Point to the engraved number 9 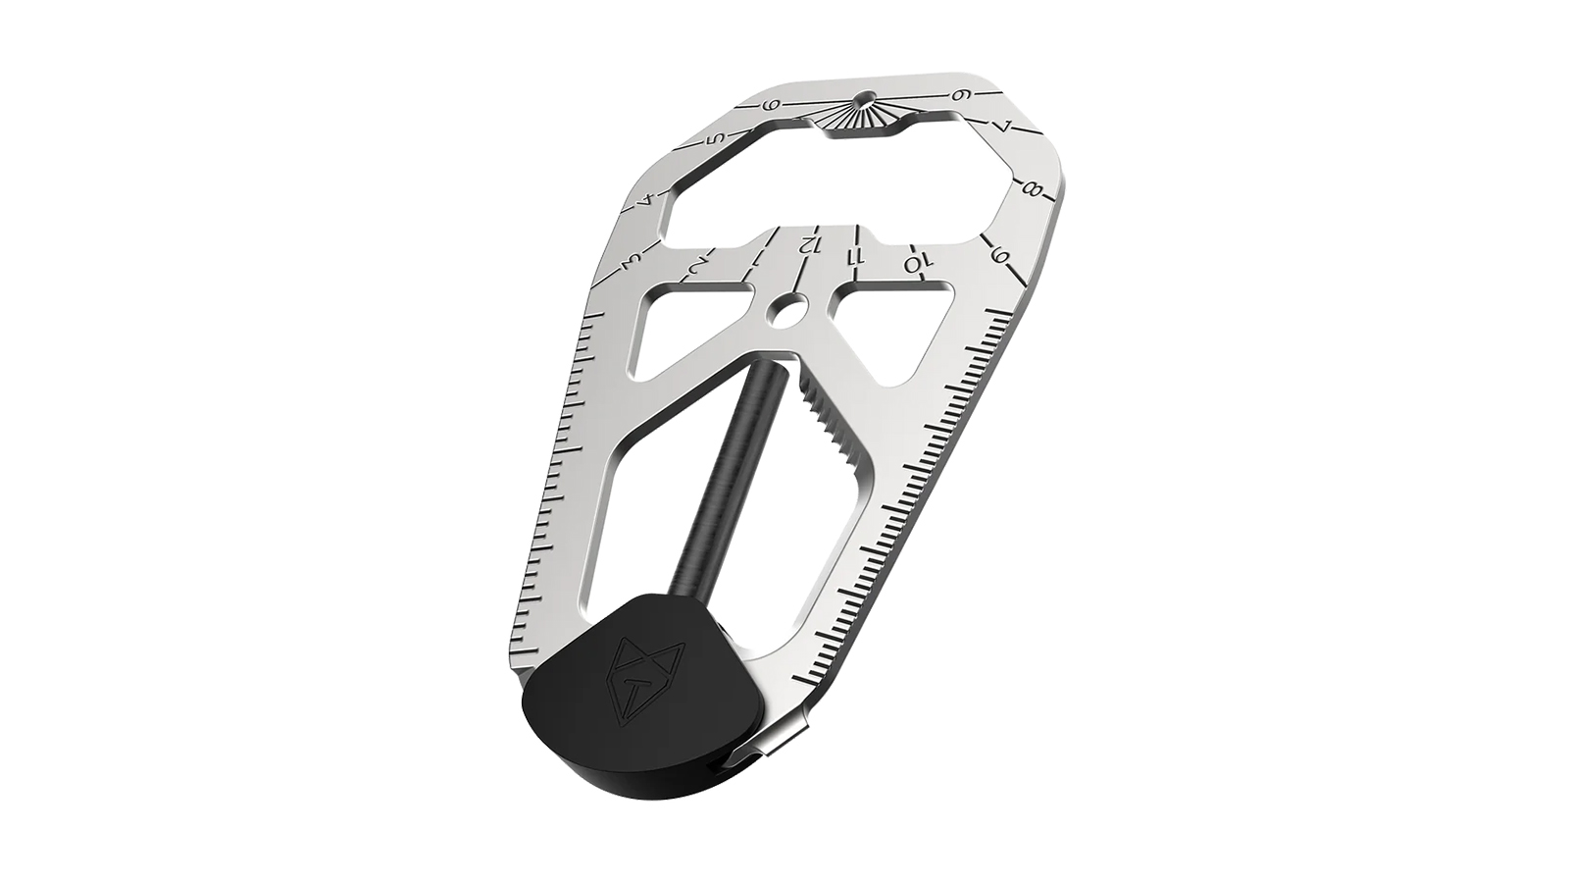tap(1001, 257)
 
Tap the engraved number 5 tap(717, 138)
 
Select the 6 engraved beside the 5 tap(772, 106)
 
